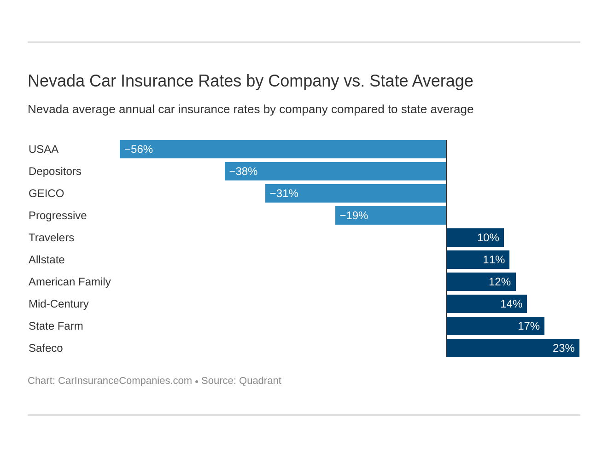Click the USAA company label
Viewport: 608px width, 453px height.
click(43, 149)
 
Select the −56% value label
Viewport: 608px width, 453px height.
click(138, 149)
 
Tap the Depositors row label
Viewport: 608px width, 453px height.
click(55, 171)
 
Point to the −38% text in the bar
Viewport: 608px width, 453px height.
click(243, 171)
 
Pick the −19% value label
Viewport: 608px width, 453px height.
click(354, 215)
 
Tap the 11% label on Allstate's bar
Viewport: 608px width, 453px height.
click(494, 260)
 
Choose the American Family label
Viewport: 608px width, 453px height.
click(70, 282)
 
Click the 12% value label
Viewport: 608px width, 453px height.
click(500, 282)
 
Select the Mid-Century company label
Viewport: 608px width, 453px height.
click(58, 304)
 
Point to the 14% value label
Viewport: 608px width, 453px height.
click(511, 304)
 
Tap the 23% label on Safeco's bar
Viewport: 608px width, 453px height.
click(564, 348)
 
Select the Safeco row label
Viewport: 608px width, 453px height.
click(46, 348)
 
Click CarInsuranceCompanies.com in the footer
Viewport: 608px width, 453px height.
click(125, 381)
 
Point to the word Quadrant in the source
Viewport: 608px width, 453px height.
click(260, 381)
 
